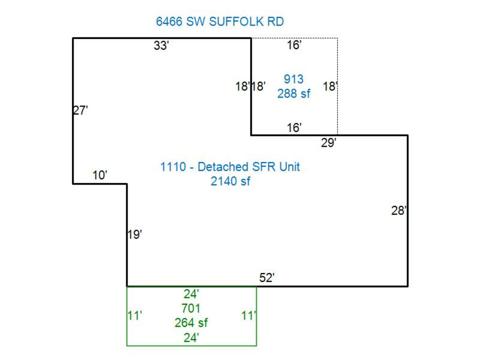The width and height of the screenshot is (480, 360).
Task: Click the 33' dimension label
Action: coord(161,45)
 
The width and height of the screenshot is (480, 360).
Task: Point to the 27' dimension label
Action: coord(81,110)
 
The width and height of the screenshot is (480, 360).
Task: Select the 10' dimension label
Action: coord(100,175)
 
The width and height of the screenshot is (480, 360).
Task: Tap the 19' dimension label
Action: coord(135,235)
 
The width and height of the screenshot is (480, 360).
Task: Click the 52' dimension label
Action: coord(267,278)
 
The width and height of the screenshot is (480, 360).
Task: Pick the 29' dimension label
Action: coord(329,142)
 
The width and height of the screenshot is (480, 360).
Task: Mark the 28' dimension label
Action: coord(399,211)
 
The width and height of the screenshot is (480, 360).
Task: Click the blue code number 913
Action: coord(293,79)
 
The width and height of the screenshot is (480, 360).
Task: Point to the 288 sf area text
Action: coord(294,93)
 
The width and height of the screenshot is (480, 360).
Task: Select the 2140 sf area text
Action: coord(230,181)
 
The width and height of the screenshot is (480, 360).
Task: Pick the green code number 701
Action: coord(191,308)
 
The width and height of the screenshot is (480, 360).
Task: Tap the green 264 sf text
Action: coord(191,323)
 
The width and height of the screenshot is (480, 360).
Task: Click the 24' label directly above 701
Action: coord(191,294)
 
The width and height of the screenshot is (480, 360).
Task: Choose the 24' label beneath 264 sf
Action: coord(191,338)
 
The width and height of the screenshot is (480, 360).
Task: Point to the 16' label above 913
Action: coord(294,45)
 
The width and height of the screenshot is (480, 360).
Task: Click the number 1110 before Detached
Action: coord(173,167)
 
